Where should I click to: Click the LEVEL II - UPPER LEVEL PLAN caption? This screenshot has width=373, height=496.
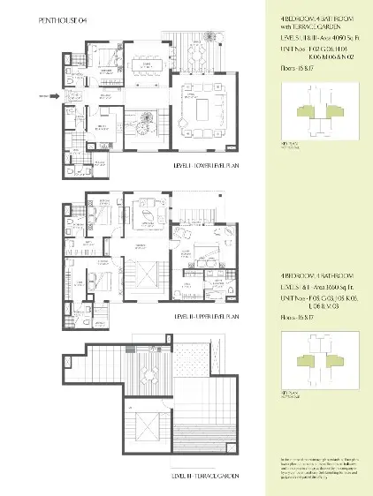pos(207,315)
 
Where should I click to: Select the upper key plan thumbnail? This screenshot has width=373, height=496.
pos(313,107)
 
